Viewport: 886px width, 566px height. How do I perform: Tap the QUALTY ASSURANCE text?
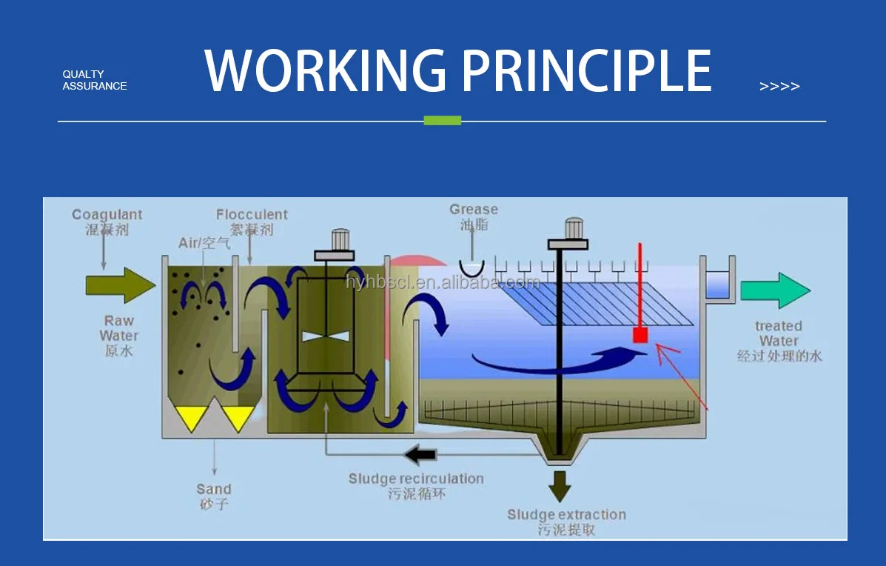point(94,80)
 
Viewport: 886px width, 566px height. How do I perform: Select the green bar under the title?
point(442,120)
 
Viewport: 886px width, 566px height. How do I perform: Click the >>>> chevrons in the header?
point(779,87)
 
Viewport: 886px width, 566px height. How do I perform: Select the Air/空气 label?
point(204,243)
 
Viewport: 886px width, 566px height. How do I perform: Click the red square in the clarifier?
point(640,336)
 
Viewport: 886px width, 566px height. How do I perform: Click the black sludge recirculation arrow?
point(420,453)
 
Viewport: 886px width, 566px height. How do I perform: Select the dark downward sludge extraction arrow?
point(560,486)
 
